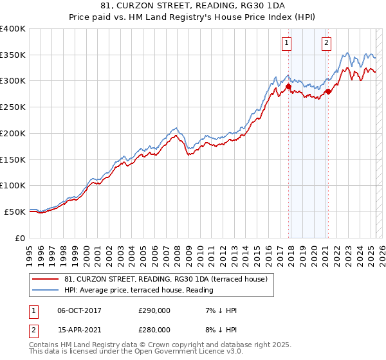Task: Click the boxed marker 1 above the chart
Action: [x=286, y=43]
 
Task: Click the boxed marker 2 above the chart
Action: [x=326, y=43]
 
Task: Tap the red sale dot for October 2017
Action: [x=288, y=86]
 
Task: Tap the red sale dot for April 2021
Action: [x=328, y=91]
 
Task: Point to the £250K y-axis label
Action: [x=12, y=107]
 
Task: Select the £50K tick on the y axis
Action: [x=15, y=212]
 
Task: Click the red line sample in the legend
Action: [x=45, y=278]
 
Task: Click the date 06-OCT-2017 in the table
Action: [x=79, y=310]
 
